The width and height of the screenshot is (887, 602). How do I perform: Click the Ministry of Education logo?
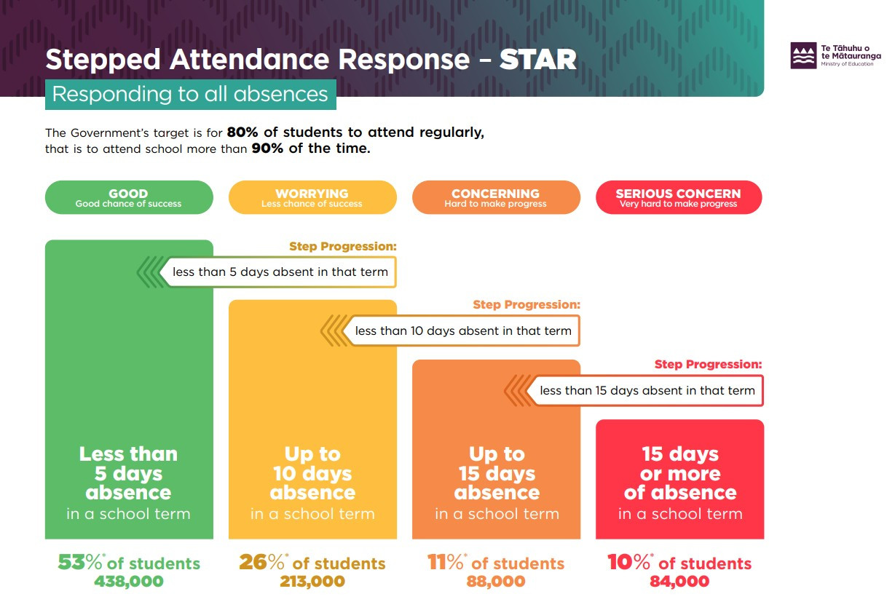pyautogui.click(x=804, y=55)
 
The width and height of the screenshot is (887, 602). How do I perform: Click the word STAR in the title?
pyautogui.click(x=537, y=60)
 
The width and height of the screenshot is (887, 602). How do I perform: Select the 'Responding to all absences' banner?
pyautogui.click(x=190, y=95)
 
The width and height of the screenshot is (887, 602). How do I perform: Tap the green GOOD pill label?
pyautogui.click(x=129, y=197)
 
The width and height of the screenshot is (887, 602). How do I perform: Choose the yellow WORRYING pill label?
pyautogui.click(x=312, y=197)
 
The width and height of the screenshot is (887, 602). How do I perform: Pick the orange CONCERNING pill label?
pyautogui.click(x=496, y=197)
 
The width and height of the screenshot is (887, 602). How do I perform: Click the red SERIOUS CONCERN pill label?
pyautogui.click(x=679, y=197)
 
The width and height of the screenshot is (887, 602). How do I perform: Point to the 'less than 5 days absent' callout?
pyautogui.click(x=280, y=273)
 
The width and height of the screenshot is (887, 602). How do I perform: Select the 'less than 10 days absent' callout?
pyautogui.click(x=463, y=330)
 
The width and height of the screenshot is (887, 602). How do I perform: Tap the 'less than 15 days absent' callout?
pyautogui.click(x=647, y=390)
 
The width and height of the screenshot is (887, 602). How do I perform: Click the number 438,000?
pyautogui.click(x=129, y=582)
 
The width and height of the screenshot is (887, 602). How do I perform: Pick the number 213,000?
pyautogui.click(x=312, y=582)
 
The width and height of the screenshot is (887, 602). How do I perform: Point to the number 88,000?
pyautogui.click(x=496, y=582)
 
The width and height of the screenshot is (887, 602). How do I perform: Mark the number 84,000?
pyautogui.click(x=679, y=582)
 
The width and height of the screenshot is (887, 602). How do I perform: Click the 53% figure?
pyautogui.click(x=80, y=563)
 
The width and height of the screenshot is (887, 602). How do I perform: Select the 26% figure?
pyautogui.click(x=262, y=563)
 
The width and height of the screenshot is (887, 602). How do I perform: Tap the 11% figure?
pyautogui.click(x=446, y=563)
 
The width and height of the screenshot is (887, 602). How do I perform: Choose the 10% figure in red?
pyautogui.click(x=629, y=563)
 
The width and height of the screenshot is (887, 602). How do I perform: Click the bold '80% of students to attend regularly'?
pyautogui.click(x=355, y=132)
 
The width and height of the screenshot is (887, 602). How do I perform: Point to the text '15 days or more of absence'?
pyautogui.click(x=680, y=473)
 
